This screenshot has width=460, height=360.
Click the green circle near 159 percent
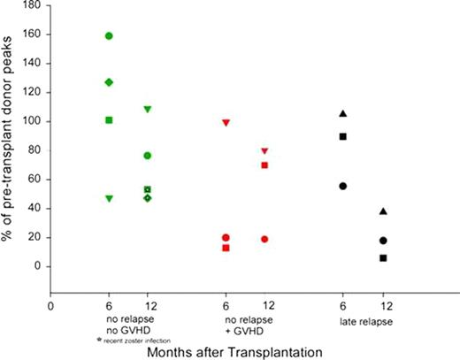pyautogui.click(x=109, y=35)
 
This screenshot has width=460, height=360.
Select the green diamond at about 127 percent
pyautogui.click(x=109, y=81)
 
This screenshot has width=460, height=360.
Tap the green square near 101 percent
pyautogui.click(x=109, y=119)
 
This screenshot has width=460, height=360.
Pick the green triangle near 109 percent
pyautogui.click(x=148, y=109)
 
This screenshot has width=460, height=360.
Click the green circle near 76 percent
pyautogui.click(x=148, y=156)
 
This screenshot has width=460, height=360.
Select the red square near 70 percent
pyautogui.click(x=264, y=165)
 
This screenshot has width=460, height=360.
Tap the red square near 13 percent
pyautogui.click(x=226, y=248)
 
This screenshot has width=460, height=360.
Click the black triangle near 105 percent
pyautogui.click(x=342, y=113)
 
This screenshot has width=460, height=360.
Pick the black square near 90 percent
pyautogui.click(x=342, y=136)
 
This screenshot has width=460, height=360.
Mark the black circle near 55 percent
pyautogui.click(x=342, y=186)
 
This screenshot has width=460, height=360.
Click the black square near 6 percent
pyautogui.click(x=382, y=257)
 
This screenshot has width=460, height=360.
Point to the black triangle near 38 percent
pyautogui.click(x=382, y=211)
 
